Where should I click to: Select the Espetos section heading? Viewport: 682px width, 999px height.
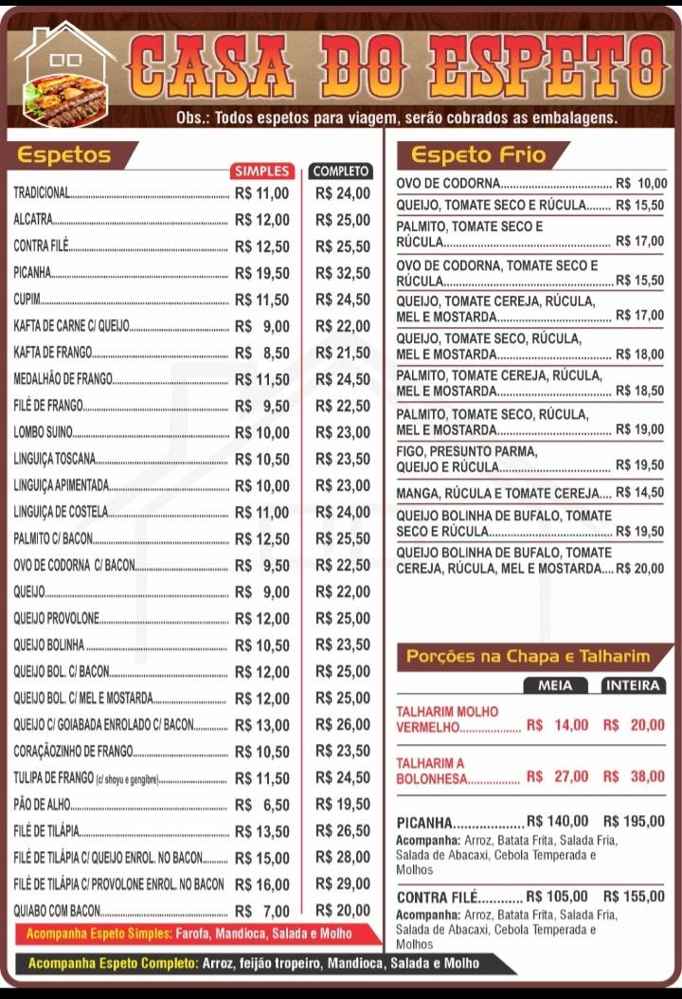click(x=64, y=155)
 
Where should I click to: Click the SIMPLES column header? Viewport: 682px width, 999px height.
click(x=262, y=171)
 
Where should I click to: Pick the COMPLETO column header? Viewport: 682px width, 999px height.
click(x=340, y=171)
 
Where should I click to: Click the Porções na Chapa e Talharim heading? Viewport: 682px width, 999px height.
click(x=528, y=656)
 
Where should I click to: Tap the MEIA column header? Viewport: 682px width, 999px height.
click(x=555, y=685)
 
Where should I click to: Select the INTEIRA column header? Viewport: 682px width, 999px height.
click(x=633, y=685)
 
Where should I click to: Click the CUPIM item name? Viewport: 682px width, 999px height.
click(x=27, y=300)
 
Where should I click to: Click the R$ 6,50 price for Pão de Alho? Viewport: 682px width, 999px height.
click(x=262, y=805)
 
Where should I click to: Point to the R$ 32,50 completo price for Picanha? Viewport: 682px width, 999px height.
click(x=342, y=273)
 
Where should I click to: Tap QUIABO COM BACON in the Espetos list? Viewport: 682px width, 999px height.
click(x=57, y=911)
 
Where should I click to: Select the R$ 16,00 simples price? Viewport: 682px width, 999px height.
click(x=262, y=884)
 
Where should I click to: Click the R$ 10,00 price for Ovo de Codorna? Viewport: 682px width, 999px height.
click(x=641, y=184)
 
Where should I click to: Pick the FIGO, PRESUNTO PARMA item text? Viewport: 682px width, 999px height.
click(x=466, y=451)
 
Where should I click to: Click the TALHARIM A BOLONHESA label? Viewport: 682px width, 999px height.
click(x=432, y=771)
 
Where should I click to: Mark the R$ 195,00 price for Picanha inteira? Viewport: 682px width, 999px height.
click(x=634, y=822)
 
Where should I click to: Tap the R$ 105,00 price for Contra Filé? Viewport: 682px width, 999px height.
click(x=557, y=896)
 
